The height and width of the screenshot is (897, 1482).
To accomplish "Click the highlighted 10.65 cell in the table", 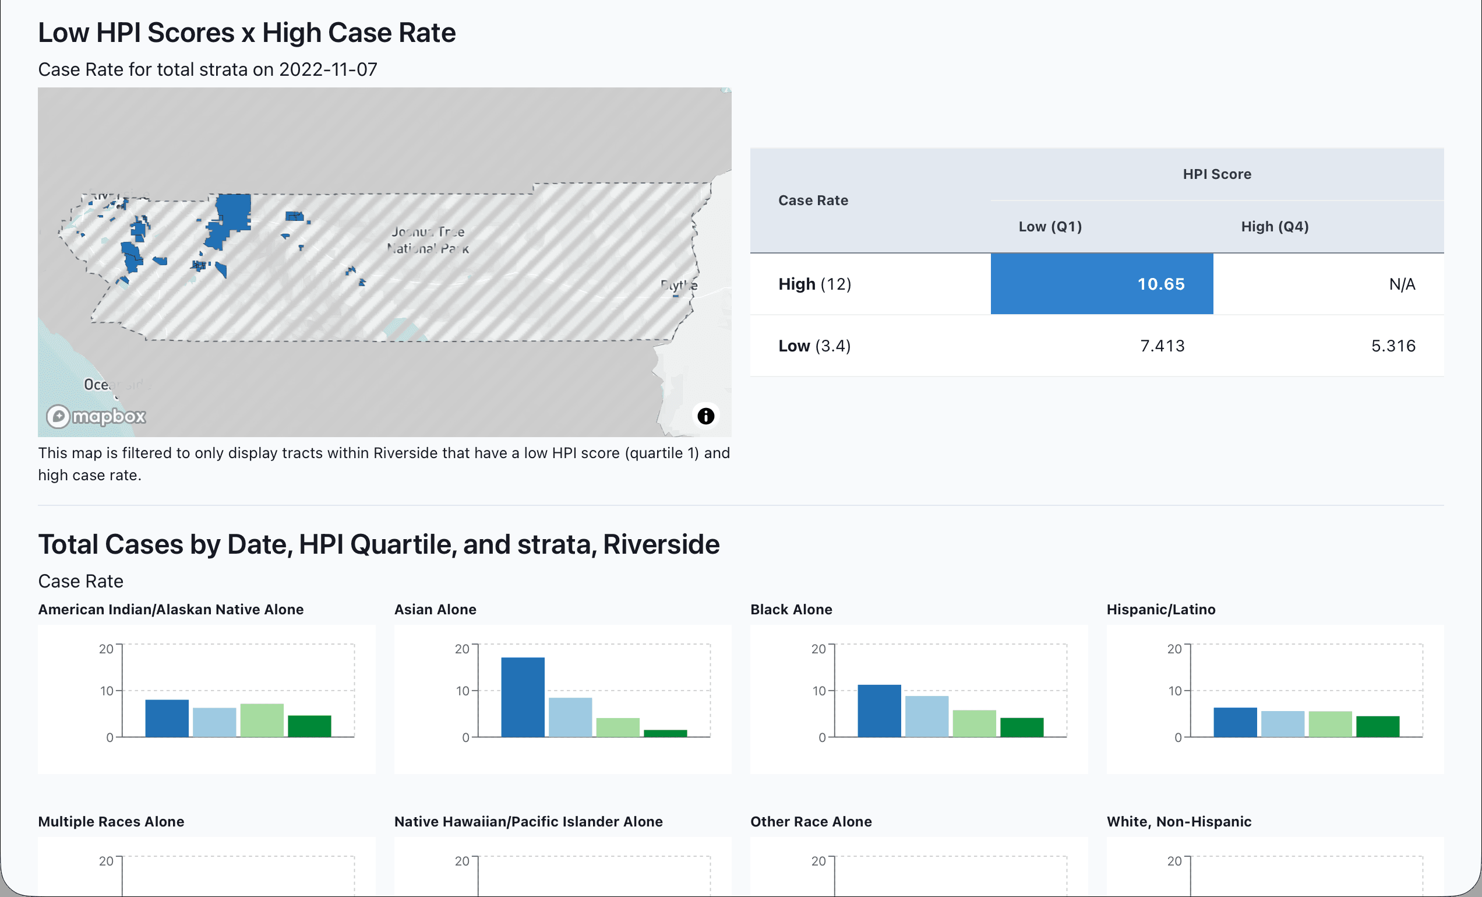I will (1101, 283).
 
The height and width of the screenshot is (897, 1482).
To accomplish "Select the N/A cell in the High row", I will (1402, 284).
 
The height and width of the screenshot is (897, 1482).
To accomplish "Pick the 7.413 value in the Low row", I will (1162, 346).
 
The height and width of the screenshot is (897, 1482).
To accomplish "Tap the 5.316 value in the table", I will (1392, 346).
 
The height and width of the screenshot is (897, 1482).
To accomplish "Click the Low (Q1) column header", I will (1050, 227).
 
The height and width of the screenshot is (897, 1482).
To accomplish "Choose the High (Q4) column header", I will (1275, 227).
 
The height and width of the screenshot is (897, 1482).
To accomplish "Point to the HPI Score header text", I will (1216, 174).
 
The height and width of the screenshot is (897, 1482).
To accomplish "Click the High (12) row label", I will (814, 284).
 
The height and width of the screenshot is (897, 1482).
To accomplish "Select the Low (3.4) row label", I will (814, 346).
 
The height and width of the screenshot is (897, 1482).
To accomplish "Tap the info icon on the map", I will (705, 416).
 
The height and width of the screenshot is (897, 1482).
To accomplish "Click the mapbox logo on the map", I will (97, 416).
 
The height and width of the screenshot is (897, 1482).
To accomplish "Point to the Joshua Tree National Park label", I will (428, 240).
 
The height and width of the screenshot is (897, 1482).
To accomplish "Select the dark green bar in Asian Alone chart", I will (665, 733).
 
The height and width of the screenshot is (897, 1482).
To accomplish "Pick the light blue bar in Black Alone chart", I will (926, 716).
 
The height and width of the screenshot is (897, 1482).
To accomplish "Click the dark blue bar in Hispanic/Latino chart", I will (1235, 722).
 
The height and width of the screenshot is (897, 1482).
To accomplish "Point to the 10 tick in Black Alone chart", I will (818, 691).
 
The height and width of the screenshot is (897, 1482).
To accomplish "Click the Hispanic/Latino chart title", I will (1160, 610).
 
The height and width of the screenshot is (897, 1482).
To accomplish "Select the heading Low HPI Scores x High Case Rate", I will (246, 33).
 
